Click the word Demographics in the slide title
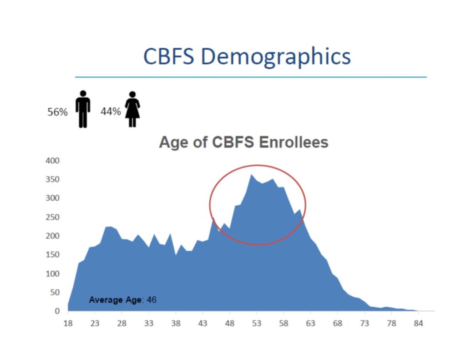(276, 57)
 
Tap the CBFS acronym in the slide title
(169, 56)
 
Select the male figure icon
(83, 109)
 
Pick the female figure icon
(132, 109)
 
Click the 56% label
(58, 112)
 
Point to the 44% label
(111, 112)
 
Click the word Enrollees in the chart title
(294, 142)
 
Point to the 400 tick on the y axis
(52, 161)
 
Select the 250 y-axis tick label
(52, 217)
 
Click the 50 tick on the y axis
(55, 293)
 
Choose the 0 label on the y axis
(57, 311)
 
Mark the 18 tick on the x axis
(68, 323)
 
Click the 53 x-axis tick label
(257, 323)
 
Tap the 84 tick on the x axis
(418, 323)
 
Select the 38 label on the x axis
(176, 323)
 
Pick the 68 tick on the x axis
(337, 323)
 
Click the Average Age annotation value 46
(152, 299)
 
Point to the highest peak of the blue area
(251, 175)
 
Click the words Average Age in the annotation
(115, 300)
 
